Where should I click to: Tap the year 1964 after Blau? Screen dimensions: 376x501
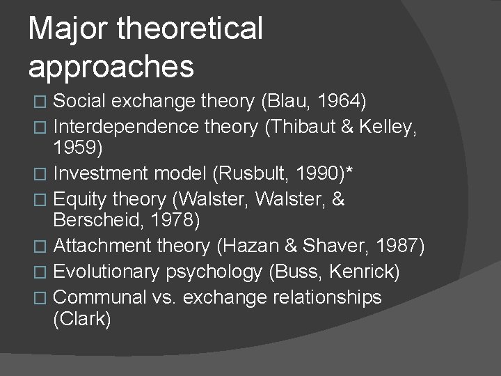tap(340, 102)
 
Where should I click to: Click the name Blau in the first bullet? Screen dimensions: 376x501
tap(287, 102)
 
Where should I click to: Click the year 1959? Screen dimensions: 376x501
tap(78, 148)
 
